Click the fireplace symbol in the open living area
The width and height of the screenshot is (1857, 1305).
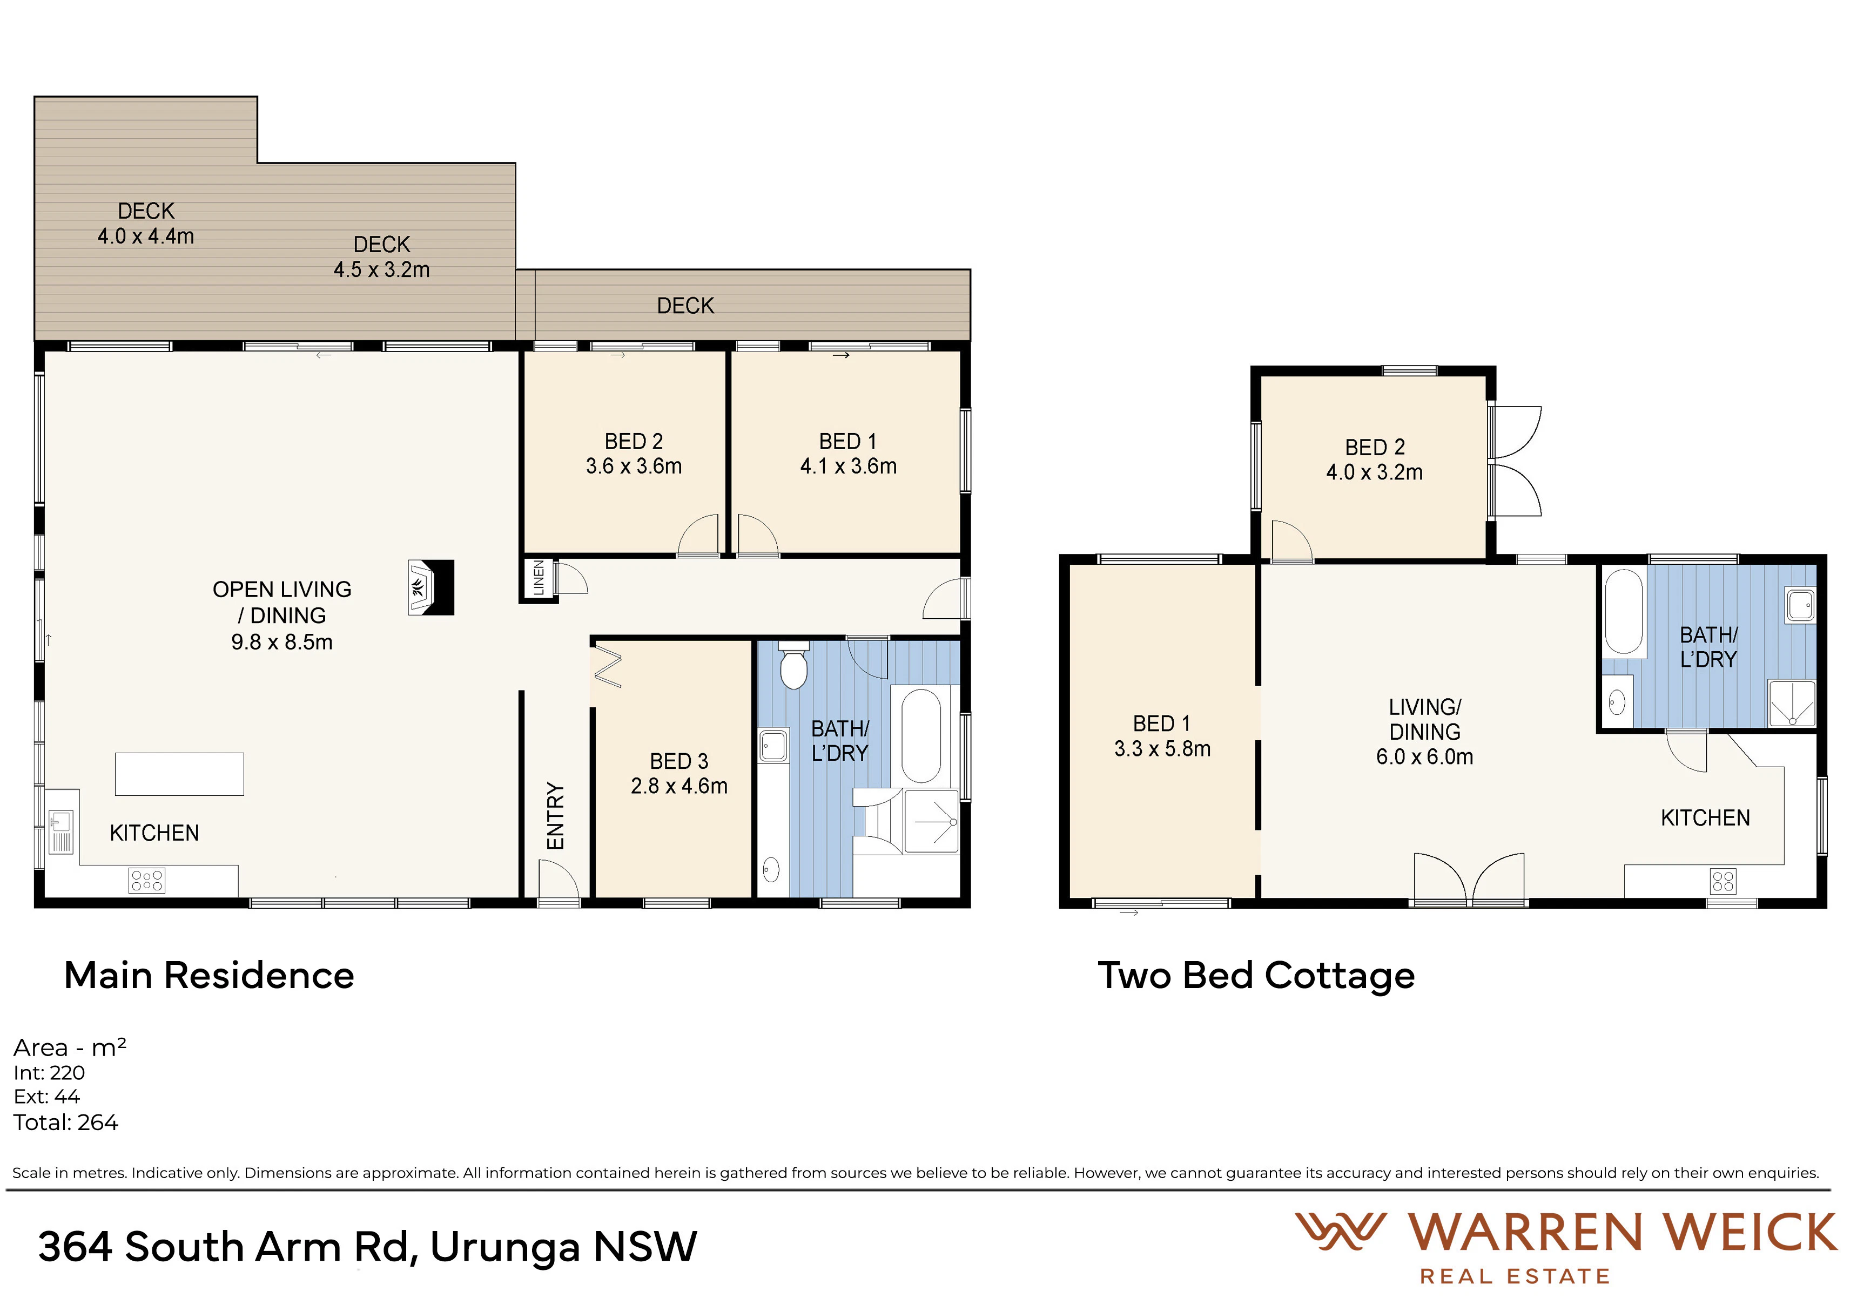coord(431,588)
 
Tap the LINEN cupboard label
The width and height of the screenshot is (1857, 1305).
coord(539,579)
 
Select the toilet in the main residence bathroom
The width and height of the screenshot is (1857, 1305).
coord(793,665)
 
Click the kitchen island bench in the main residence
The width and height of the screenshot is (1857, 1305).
coord(179,774)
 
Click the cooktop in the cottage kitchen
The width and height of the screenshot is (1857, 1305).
coord(1723,881)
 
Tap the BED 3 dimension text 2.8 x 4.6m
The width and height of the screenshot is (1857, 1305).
coord(679,786)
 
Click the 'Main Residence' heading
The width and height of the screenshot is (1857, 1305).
coord(210,975)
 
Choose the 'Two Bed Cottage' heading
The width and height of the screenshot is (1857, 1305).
coord(1256,975)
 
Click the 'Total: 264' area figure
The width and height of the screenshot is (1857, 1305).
coord(65,1123)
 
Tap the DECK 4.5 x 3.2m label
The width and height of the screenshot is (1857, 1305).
coord(382,257)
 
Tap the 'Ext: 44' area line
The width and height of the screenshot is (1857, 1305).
coord(47,1097)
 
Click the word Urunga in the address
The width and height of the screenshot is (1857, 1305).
coord(506,1247)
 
